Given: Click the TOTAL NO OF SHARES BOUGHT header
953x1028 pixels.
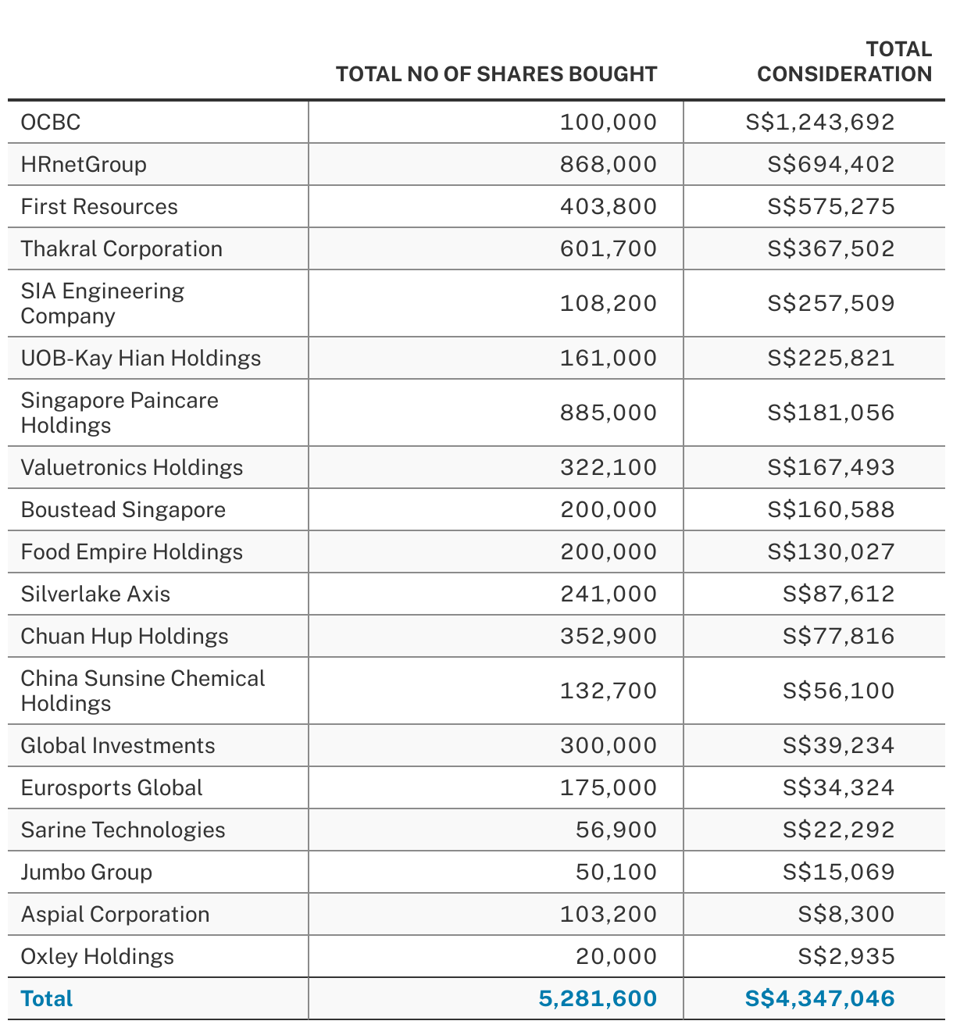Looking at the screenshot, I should click(496, 74).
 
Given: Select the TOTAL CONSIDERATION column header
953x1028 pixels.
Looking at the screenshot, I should click(844, 62).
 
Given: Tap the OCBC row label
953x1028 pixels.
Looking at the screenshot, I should click(51, 122).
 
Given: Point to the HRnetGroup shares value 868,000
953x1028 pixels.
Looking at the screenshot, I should click(609, 164).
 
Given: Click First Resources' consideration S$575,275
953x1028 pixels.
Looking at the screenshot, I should click(831, 206).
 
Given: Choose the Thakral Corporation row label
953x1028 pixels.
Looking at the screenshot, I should click(122, 248).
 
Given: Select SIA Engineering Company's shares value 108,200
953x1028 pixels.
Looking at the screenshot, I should click(609, 303).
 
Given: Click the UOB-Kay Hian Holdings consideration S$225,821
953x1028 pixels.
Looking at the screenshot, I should click(831, 358).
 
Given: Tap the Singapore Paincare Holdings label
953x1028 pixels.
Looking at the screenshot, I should click(120, 412).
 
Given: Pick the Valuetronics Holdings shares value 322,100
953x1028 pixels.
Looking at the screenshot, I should click(609, 467).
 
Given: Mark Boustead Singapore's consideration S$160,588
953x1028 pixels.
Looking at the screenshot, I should click(831, 509).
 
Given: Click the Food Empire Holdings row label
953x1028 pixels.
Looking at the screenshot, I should click(132, 551).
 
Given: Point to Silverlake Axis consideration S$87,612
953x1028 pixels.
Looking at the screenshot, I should click(839, 594).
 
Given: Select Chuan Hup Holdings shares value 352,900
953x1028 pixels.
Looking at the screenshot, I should click(609, 636).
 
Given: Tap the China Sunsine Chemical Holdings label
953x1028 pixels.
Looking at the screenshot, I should click(143, 691).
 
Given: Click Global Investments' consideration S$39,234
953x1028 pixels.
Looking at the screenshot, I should click(839, 745).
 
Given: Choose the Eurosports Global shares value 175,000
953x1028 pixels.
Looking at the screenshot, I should click(609, 787).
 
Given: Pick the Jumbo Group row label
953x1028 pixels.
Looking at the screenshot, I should click(87, 872).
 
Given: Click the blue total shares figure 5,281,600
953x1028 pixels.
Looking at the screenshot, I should click(598, 998).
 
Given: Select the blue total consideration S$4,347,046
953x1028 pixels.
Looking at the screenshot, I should click(820, 998).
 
